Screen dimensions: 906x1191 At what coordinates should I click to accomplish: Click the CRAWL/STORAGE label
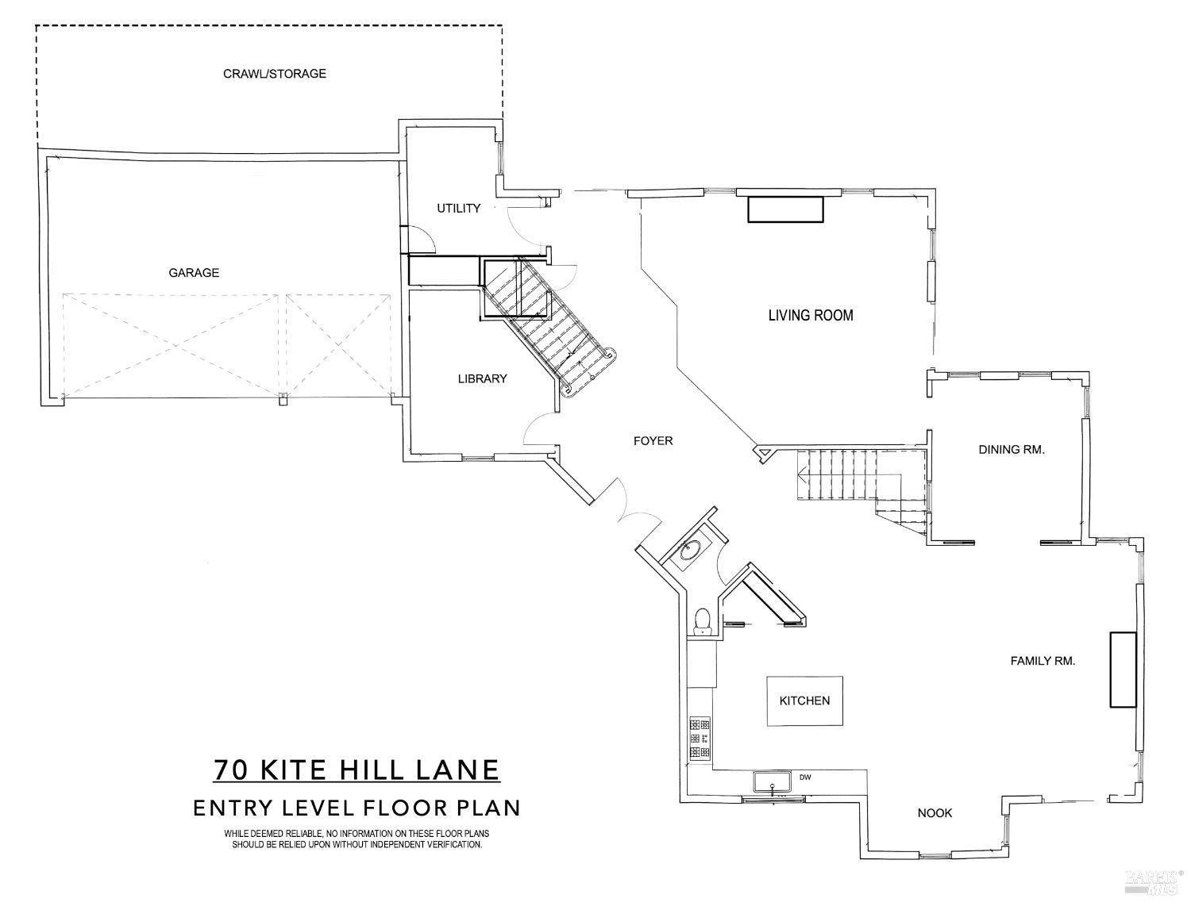tap(274, 74)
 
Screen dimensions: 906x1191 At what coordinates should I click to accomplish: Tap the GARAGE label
tap(193, 273)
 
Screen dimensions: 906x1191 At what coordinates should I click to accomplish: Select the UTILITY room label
tap(458, 209)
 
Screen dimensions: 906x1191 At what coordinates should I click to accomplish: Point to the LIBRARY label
tap(481, 378)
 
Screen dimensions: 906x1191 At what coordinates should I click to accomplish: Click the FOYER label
tap(653, 440)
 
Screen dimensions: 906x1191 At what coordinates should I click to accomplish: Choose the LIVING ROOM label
tap(810, 315)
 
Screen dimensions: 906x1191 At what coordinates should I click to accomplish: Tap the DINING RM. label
tap(1011, 449)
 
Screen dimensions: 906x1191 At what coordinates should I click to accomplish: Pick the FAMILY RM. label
tap(1042, 660)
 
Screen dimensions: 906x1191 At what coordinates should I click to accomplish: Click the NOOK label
tap(935, 812)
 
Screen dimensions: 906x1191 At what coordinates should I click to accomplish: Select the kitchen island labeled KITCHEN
tap(804, 701)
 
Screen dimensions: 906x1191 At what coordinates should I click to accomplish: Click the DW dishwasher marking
tap(804, 777)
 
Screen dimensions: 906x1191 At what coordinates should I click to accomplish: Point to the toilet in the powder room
tap(702, 619)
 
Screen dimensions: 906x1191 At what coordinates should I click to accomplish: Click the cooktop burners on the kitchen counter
tap(700, 738)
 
